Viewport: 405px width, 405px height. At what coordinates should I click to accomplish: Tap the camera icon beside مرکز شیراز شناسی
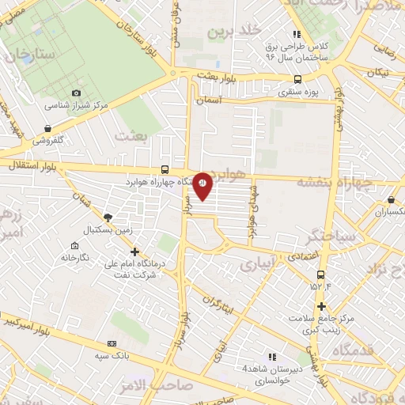click(76, 93)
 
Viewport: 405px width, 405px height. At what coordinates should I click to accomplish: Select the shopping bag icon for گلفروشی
click(49, 128)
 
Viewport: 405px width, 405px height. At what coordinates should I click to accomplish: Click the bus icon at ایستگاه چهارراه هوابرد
click(165, 168)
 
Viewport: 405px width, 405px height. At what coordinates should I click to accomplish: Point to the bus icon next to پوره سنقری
click(297, 79)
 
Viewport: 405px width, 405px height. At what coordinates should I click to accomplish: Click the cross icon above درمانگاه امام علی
click(134, 252)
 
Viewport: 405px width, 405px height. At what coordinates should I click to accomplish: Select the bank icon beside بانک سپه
click(112, 344)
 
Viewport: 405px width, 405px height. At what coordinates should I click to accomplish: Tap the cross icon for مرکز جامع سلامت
click(321, 306)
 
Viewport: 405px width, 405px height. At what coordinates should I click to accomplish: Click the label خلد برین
click(233, 32)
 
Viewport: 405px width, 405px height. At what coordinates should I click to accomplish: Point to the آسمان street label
click(233, 102)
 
